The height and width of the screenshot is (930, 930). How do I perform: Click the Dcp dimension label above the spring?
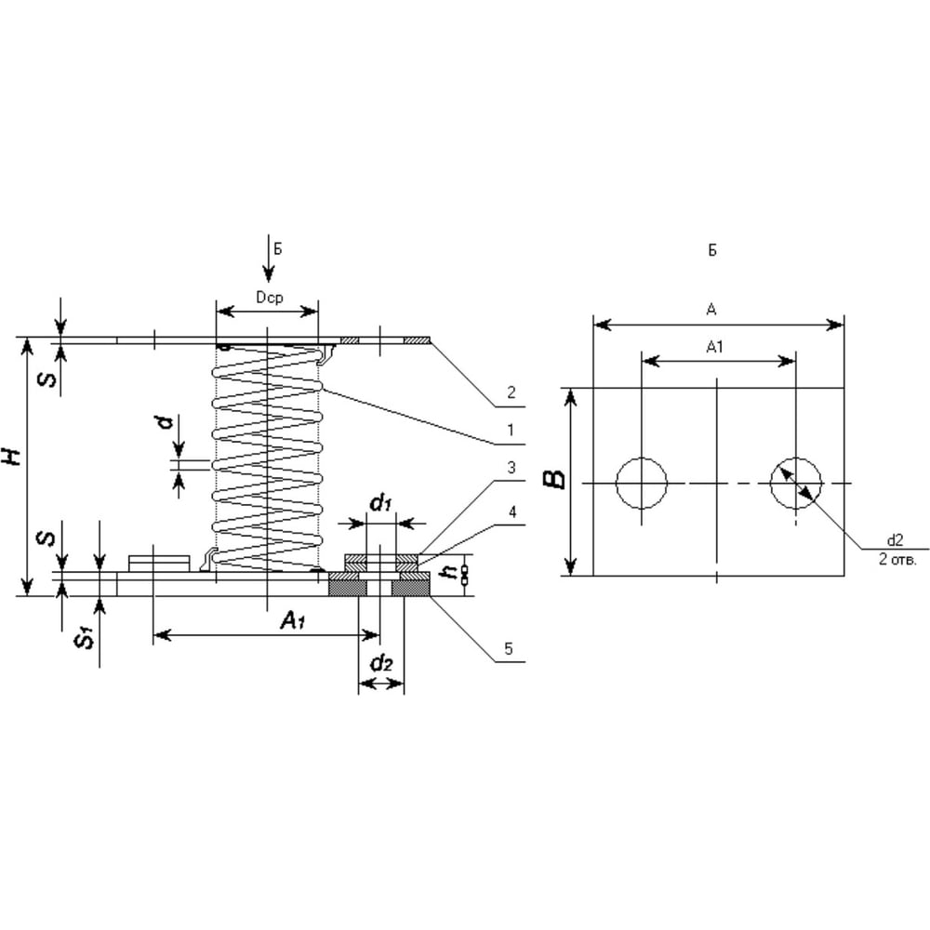point(270,298)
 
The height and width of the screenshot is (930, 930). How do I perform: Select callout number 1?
point(510,430)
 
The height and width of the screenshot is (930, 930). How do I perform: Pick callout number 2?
point(511,392)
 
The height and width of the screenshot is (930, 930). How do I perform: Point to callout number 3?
point(511,468)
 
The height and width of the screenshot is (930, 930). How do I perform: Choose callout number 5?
point(509,649)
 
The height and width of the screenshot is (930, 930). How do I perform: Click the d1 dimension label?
point(380,503)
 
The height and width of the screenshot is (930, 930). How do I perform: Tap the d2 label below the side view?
point(381,663)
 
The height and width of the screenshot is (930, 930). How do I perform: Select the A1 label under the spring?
point(293,620)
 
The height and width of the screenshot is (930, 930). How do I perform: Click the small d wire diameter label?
point(166,422)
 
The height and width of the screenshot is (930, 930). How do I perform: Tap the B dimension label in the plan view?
point(554,479)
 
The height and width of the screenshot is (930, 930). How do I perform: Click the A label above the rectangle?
point(711,309)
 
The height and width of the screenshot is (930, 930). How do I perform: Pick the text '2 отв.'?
point(897,559)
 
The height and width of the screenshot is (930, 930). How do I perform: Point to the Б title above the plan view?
point(712,250)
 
